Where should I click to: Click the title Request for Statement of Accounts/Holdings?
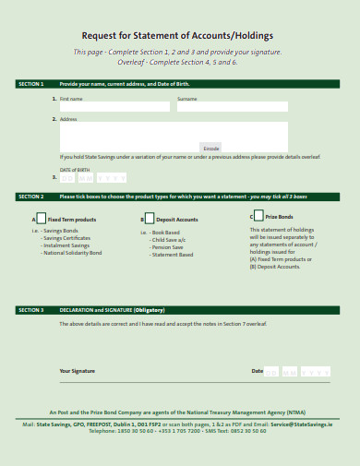177,36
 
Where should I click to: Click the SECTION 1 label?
30,83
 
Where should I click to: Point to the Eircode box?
211,148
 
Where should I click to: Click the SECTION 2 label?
30,197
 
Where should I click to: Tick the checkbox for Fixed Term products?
41,219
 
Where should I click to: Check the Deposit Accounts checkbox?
150,219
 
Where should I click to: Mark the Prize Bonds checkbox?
259,217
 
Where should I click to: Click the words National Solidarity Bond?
71,253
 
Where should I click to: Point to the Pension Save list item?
167,246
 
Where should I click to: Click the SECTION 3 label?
30,310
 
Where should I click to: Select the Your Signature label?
77,371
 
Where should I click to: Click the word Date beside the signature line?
257,371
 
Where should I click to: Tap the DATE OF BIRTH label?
76,170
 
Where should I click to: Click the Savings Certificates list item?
67,238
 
